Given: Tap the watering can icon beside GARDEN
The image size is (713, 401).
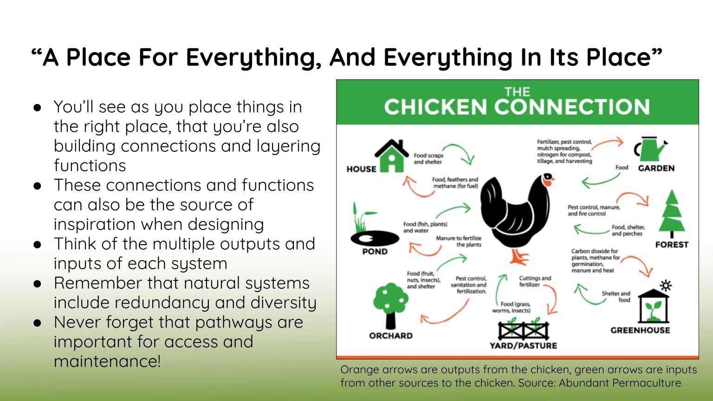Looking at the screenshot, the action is (650, 149).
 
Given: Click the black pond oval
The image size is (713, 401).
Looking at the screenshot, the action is (375, 239).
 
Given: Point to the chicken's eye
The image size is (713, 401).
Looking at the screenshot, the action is (548, 176).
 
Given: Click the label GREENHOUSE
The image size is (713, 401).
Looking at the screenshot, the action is (640, 330).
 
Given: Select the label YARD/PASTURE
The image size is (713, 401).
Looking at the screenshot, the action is (523, 346).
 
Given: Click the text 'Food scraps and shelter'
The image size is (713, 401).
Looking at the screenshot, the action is (428, 159).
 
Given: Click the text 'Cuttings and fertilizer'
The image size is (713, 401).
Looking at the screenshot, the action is (535, 281).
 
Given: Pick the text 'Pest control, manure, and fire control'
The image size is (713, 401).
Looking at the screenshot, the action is (594, 211).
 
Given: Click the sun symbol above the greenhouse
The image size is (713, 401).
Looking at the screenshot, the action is (666, 285).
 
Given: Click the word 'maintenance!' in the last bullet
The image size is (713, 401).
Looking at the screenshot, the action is (107, 362).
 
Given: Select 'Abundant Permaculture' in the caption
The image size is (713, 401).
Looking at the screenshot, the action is (620, 383).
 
